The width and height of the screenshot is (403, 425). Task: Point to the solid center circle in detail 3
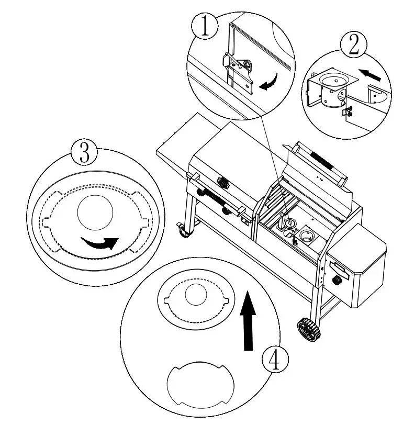coord(95,212)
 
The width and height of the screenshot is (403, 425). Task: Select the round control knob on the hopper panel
coord(338,281)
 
